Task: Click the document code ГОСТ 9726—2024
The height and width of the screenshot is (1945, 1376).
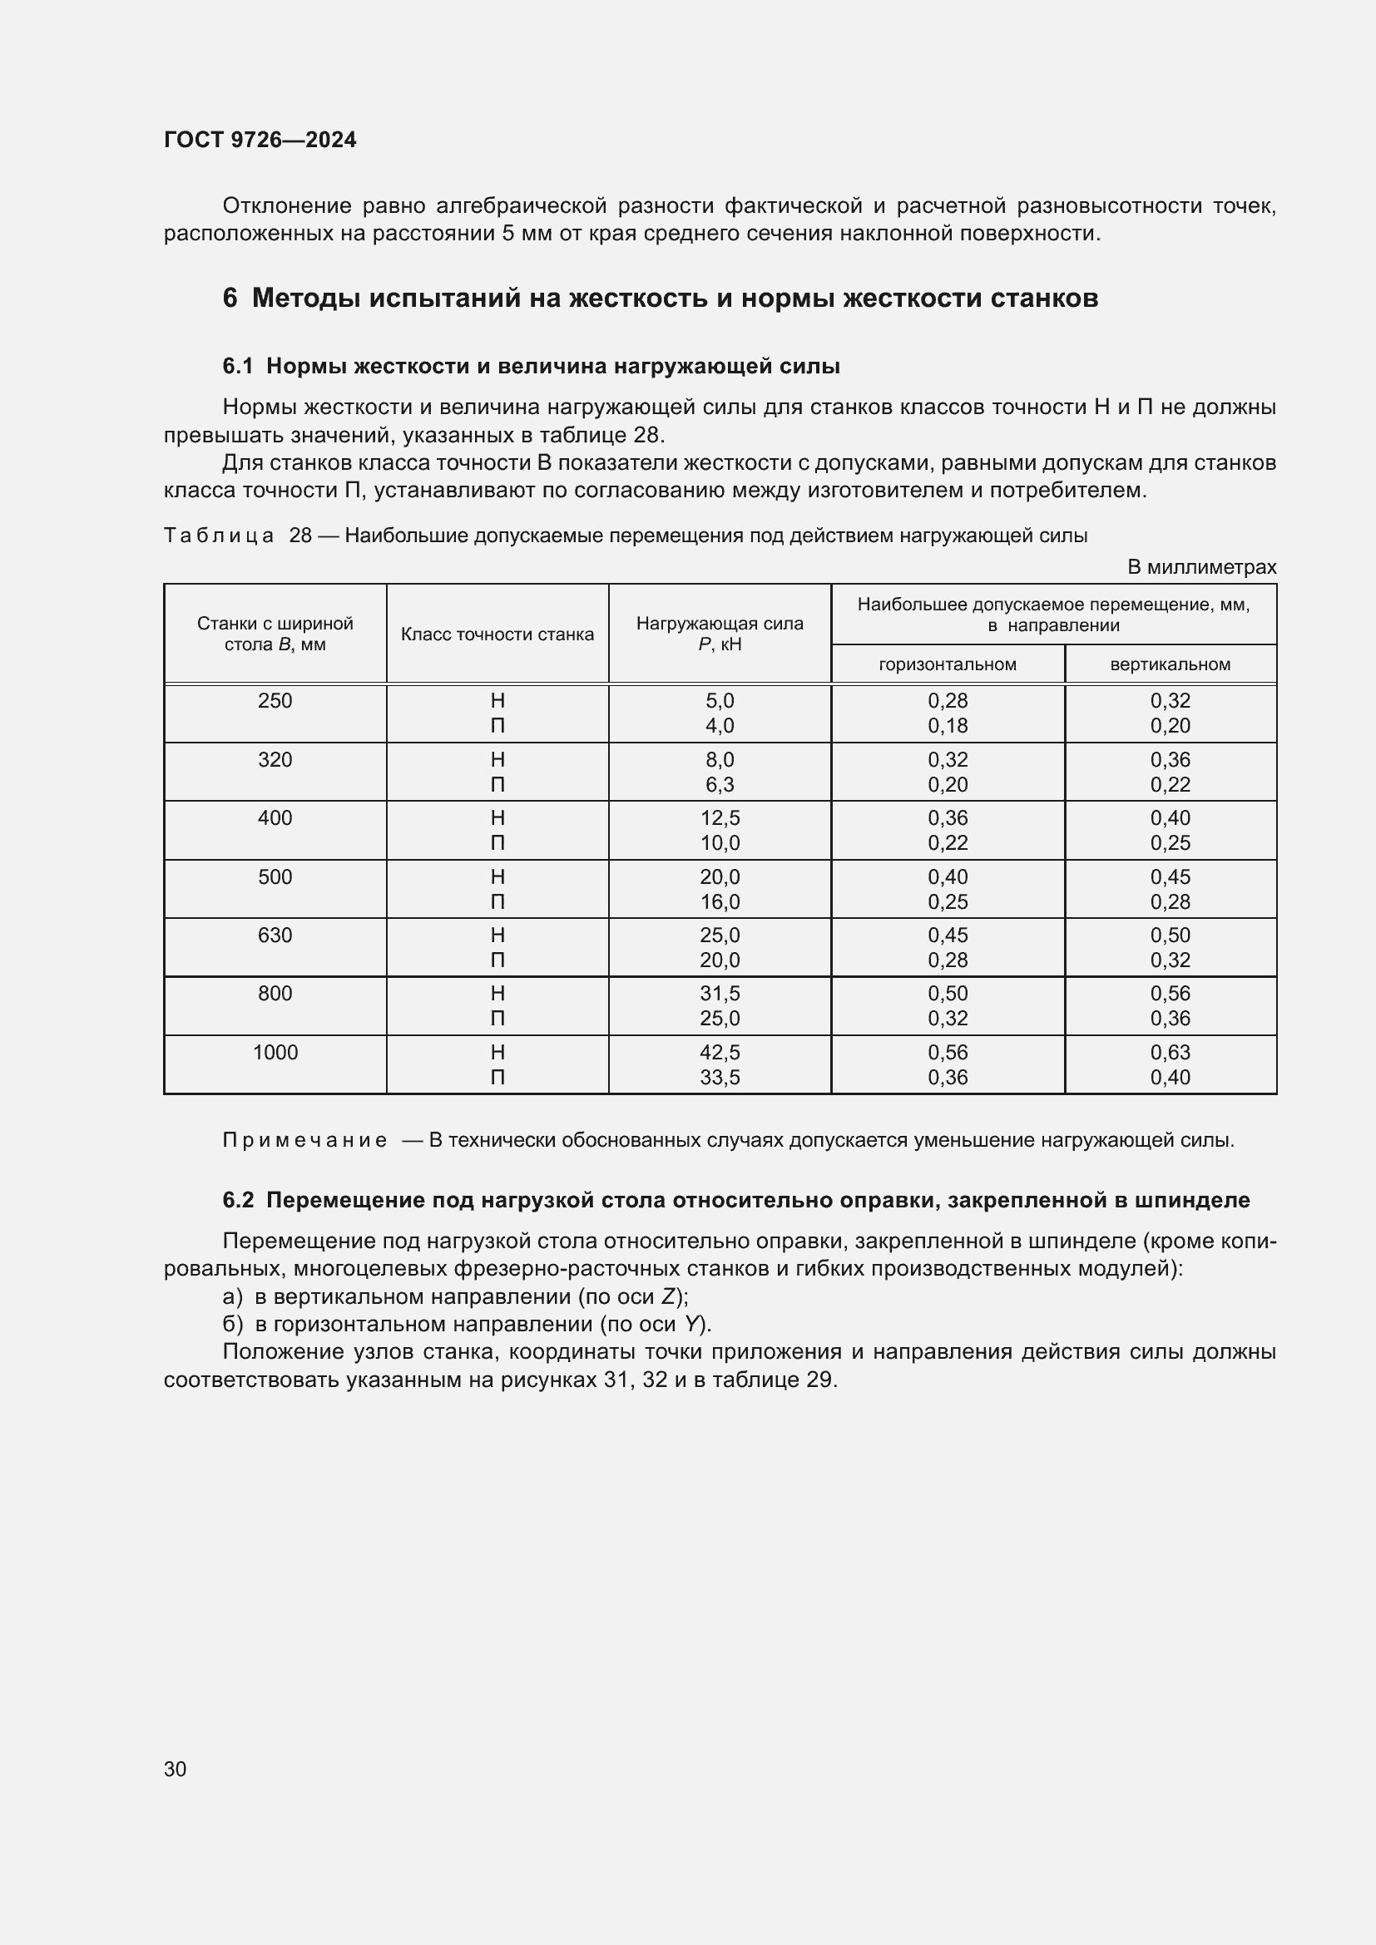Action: pyautogui.click(x=260, y=140)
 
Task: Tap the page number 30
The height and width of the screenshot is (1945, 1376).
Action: pyautogui.click(x=176, y=1769)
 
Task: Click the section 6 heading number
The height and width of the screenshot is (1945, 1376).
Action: pyautogui.click(x=230, y=299)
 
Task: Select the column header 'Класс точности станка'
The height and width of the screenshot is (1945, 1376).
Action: pyautogui.click(x=497, y=634)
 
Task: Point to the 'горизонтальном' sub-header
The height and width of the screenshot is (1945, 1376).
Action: pyautogui.click(x=948, y=664)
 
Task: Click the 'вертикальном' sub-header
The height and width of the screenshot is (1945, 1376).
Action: pyautogui.click(x=1171, y=664)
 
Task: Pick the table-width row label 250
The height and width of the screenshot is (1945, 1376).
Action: pyautogui.click(x=275, y=700)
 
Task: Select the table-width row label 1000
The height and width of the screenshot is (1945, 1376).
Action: pyautogui.click(x=275, y=1052)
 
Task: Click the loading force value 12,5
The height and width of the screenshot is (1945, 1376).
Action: pyautogui.click(x=720, y=818)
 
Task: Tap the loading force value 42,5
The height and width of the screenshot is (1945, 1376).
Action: pyautogui.click(x=720, y=1052)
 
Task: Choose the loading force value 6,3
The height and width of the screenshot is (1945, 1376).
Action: pyautogui.click(x=720, y=784)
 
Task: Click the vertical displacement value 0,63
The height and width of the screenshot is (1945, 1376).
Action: pyautogui.click(x=1171, y=1052)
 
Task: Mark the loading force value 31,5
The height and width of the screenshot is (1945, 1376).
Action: pyautogui.click(x=720, y=993)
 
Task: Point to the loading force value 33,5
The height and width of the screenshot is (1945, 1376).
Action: pyautogui.click(x=720, y=1078)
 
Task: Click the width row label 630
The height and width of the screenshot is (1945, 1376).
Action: pyautogui.click(x=275, y=935)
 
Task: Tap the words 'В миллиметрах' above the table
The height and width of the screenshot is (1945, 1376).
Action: pyautogui.click(x=1201, y=568)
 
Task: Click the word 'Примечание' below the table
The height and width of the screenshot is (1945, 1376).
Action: pyautogui.click(x=304, y=1140)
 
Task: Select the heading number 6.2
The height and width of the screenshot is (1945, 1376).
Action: pyautogui.click(x=238, y=1201)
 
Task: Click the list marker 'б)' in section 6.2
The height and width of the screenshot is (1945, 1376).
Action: pyautogui.click(x=232, y=1324)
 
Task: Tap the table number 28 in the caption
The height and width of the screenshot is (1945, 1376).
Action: pyautogui.click(x=301, y=536)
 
